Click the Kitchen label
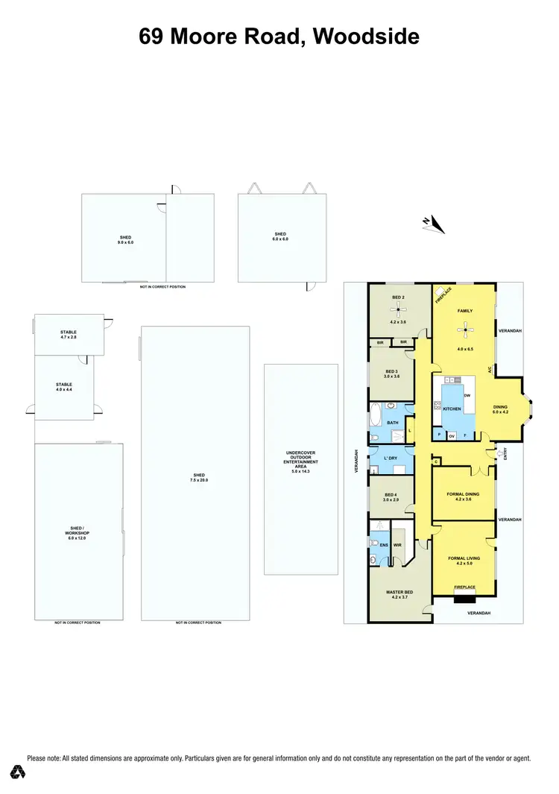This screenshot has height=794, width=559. [452, 409]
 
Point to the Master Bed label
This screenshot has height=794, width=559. [399, 593]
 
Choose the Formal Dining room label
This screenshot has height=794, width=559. [463, 494]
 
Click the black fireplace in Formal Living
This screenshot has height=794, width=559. [465, 596]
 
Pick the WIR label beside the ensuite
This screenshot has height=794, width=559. [397, 545]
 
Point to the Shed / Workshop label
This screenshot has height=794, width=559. [78, 530]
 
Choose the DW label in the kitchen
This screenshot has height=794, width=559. [467, 395]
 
